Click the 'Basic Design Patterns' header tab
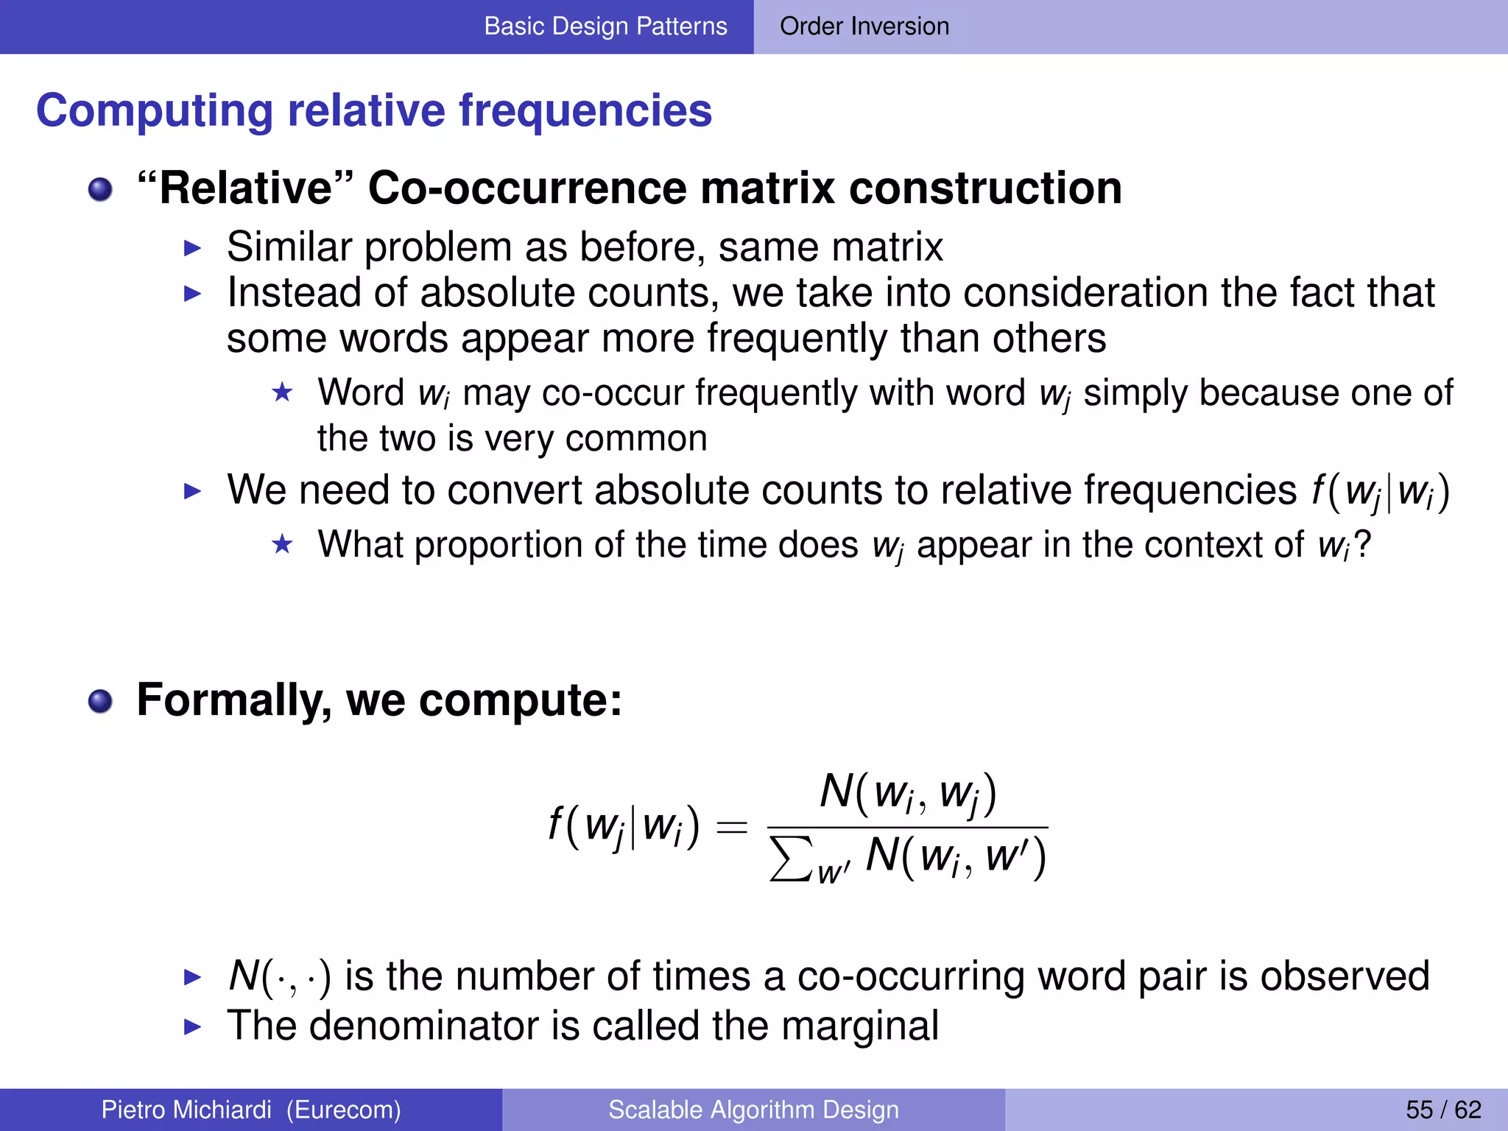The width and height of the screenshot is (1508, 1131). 605,27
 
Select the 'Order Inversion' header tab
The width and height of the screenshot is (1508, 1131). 864,27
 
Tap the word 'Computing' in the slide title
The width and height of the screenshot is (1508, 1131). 154,111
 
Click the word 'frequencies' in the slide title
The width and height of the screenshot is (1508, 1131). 585,111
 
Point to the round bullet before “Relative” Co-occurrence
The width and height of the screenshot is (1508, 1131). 100,189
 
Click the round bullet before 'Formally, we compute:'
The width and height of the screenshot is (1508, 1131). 100,701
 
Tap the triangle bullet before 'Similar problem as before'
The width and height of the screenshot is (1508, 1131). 192,248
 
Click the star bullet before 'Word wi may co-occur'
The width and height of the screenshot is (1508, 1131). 282,392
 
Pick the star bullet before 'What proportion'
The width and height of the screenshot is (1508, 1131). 282,545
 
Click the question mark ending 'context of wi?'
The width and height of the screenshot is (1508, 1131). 1362,545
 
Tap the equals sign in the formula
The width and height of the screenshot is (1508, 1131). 732,828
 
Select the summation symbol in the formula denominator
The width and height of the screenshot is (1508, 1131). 791,859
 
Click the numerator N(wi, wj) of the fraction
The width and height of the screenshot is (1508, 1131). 908,794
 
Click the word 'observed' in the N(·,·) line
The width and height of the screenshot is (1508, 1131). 1345,976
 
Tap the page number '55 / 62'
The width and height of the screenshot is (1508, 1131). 1443,1110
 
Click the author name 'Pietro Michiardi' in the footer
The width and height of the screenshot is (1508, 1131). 186,1110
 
